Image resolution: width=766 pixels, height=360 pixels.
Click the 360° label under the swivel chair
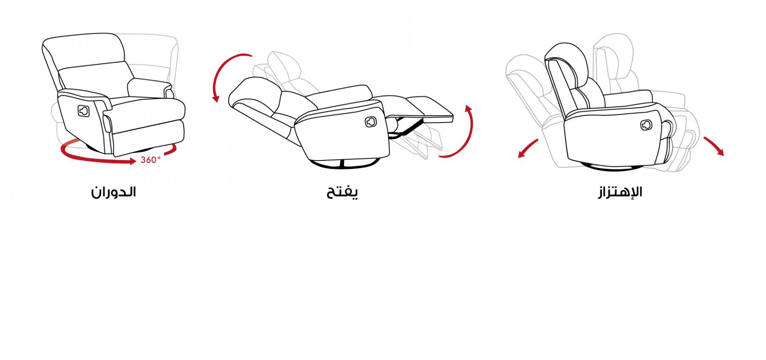(151, 160)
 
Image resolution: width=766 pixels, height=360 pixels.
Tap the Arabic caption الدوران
(114, 192)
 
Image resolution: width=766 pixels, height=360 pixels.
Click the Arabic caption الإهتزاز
(620, 192)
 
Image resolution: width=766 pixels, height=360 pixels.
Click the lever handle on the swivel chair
(83, 111)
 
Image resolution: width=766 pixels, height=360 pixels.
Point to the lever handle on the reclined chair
(371, 121)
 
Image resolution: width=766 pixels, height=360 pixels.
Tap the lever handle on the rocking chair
(646, 125)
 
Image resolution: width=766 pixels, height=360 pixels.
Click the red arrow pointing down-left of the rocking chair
(528, 149)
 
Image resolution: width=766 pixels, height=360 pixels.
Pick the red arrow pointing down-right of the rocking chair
(713, 146)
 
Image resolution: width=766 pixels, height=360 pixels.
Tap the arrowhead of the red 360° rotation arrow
(132, 161)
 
